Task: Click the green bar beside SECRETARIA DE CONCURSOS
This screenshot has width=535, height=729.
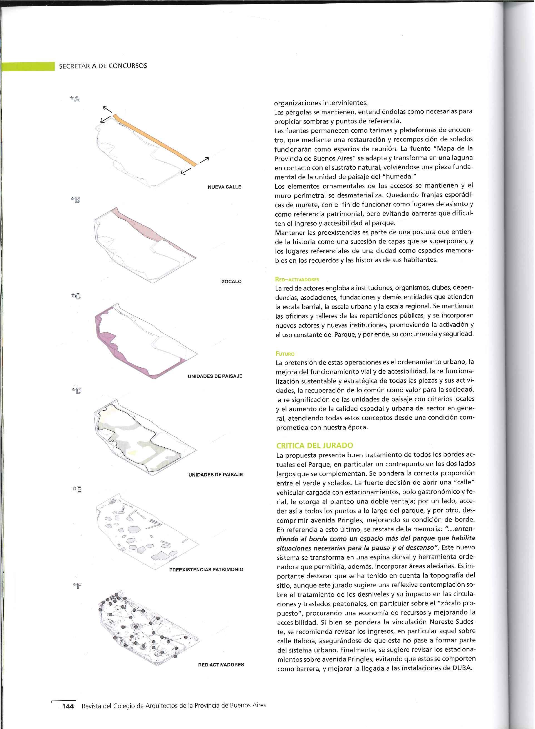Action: (x=28, y=66)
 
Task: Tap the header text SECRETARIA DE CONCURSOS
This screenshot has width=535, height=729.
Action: (x=103, y=66)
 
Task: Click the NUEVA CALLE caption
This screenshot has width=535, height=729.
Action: (x=224, y=187)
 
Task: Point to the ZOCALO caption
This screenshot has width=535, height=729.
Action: (x=231, y=282)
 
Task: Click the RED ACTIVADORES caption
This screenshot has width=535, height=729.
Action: (x=221, y=665)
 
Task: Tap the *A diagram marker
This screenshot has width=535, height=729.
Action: (x=75, y=99)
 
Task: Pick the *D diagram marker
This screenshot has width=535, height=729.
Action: (x=77, y=391)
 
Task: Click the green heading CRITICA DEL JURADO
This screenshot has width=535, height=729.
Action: (x=314, y=445)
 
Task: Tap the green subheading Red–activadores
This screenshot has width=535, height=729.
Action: (x=297, y=279)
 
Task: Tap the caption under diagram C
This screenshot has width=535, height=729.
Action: (x=215, y=376)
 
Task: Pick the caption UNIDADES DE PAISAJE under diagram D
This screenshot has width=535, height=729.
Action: (x=215, y=475)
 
